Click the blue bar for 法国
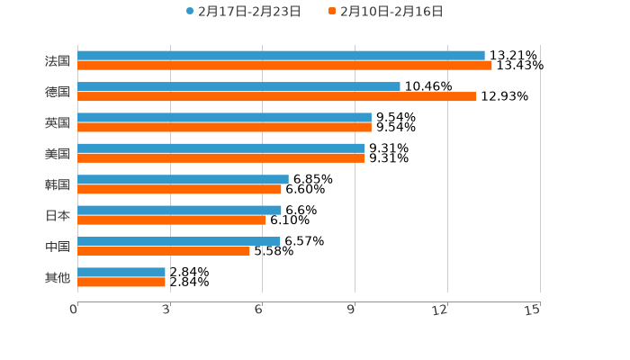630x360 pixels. tap(281, 56)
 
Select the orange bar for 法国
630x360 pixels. tap(284, 66)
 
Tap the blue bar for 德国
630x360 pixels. tap(238, 86)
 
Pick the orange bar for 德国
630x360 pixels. tap(277, 96)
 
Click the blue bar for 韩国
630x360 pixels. tap(183, 179)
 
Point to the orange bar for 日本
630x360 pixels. tap(172, 220)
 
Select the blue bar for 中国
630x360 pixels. tap(179, 241)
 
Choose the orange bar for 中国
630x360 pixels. tap(164, 251)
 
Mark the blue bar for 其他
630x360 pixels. tap(121, 272)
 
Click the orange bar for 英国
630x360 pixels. tap(224, 128)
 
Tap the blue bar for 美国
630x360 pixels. tap(221, 148)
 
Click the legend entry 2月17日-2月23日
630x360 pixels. tap(244, 12)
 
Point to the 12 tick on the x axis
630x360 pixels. tap(440, 310)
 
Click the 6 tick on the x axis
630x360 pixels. tap(258, 310)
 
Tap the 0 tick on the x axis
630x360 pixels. tap(74, 310)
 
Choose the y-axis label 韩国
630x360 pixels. tap(58, 184)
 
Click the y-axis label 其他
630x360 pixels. tap(58, 277)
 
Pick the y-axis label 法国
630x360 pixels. tap(58, 61)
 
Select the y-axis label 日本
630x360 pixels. tap(58, 215)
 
